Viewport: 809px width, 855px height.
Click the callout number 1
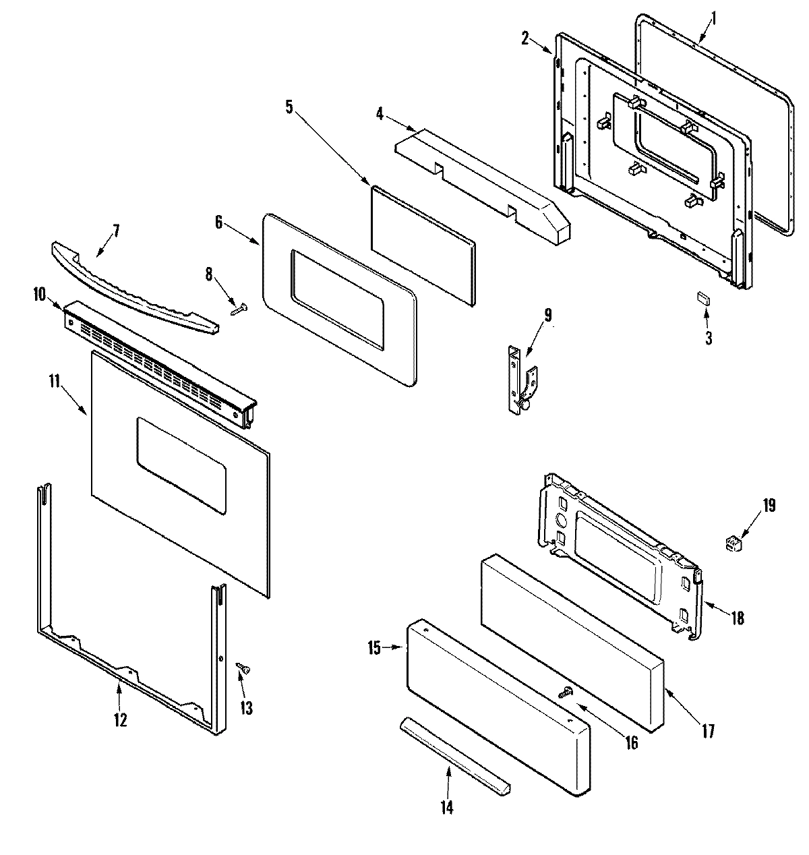click(715, 13)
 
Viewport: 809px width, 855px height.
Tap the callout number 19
click(769, 505)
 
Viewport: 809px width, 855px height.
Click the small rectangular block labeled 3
click(705, 299)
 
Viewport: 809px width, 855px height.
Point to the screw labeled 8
click(239, 309)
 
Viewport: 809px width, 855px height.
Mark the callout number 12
click(119, 719)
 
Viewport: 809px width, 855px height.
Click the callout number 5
click(289, 107)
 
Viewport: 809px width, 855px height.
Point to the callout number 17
click(708, 730)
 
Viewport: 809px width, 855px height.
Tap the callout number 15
click(375, 649)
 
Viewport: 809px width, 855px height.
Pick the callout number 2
click(525, 38)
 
